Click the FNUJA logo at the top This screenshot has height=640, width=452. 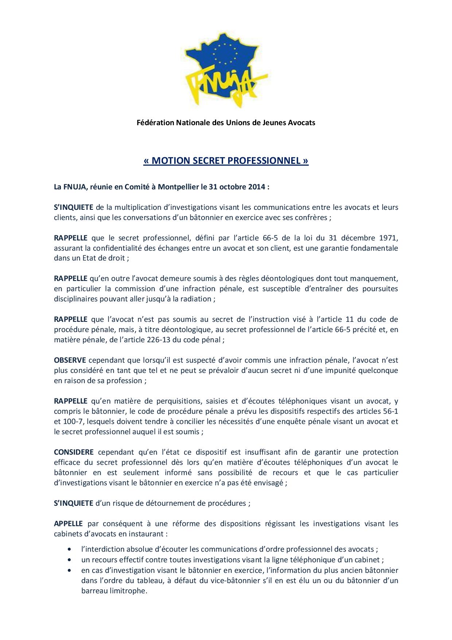[226, 69]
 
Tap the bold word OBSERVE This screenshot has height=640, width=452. [70, 360]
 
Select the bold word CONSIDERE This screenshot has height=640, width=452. [74, 452]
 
